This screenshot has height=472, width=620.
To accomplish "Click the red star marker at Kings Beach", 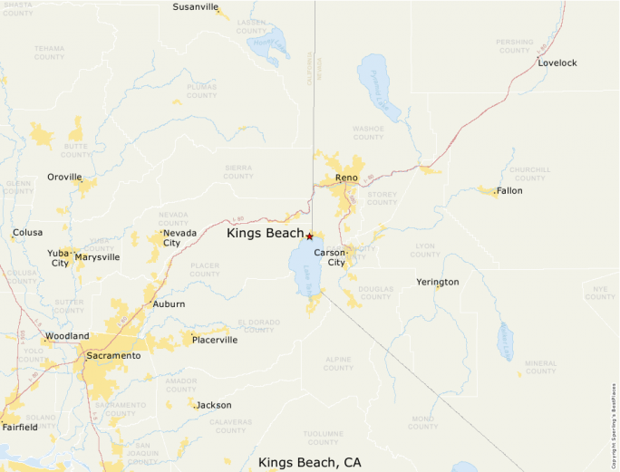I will click(309, 236).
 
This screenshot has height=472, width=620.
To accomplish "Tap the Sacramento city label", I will click(113, 356).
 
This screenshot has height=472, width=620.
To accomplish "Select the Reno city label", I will click(346, 178).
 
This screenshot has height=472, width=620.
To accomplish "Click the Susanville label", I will click(195, 7).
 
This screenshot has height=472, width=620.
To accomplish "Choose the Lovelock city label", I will click(557, 63).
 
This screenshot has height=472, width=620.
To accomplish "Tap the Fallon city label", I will click(509, 191).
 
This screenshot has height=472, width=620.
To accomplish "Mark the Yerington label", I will click(437, 282).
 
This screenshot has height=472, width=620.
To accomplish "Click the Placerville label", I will click(215, 341).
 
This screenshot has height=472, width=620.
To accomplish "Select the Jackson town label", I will click(214, 405).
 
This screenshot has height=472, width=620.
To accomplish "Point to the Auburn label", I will click(169, 304).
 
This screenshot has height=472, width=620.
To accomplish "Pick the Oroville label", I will click(64, 177).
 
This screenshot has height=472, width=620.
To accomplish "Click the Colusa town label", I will click(27, 233).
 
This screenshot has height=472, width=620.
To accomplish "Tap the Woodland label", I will click(67, 336).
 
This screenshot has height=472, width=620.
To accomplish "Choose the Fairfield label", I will click(20, 427).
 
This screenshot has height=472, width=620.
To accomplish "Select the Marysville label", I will click(97, 257).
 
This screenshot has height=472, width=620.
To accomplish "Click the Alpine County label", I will click(338, 363).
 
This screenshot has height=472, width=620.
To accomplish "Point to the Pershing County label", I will click(514, 46).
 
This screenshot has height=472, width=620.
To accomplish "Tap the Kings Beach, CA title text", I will click(309, 462).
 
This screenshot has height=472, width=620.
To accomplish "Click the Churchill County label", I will click(529, 173).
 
